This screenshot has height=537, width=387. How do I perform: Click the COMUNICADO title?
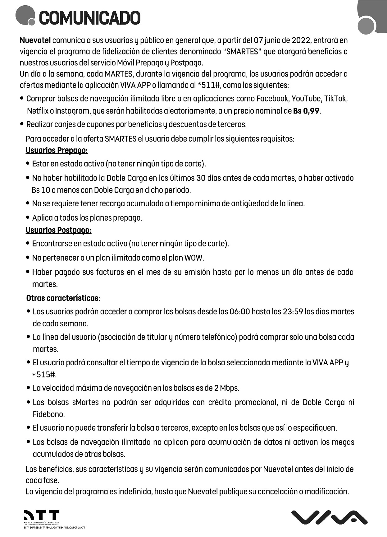tap(89, 18)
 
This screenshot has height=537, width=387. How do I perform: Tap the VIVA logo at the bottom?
tap(329, 517)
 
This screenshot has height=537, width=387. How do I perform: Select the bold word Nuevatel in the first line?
tap(35, 40)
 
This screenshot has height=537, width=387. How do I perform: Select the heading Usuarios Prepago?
tap(57, 151)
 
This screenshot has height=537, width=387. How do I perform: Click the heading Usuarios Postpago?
tap(58, 230)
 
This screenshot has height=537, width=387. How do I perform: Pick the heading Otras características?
tap(62, 298)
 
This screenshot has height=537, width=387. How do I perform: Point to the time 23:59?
tap(293, 312)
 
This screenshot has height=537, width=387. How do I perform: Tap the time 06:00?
tap(239, 312)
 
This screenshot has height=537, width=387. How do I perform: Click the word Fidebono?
tap(48, 414)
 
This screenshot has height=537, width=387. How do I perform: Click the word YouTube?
tap(306, 99)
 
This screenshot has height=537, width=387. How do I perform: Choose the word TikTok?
tap(335, 99)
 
